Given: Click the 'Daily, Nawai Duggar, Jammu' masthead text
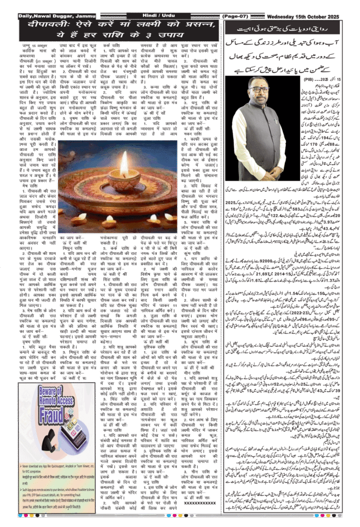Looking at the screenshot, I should click(x=39, y=16).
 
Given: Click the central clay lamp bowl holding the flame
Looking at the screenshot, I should click(x=124, y=181).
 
